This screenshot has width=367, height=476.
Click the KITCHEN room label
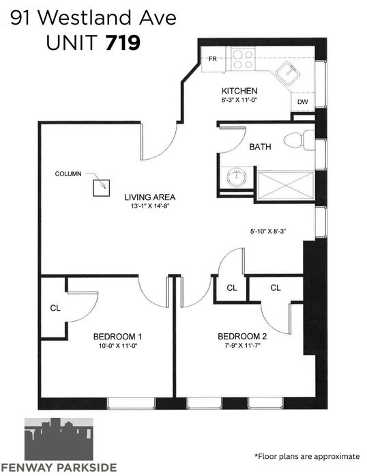tap(239, 91)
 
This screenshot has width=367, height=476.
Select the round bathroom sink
tap(237, 178)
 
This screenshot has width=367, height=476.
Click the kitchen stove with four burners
tap(243, 59)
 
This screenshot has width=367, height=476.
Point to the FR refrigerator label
tap(213, 59)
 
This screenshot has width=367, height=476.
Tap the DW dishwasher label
tap(302, 102)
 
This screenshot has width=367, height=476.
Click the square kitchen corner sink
tap(288, 74)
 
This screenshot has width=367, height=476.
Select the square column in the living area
tap(102, 188)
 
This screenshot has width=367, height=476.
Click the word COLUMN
tap(68, 174)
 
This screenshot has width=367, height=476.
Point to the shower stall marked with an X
tap(285, 186)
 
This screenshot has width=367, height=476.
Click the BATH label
tap(260, 147)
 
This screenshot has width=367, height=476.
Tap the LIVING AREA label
tap(150, 197)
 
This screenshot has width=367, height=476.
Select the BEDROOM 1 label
tap(117, 337)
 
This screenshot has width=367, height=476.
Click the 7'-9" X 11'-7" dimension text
tap(241, 346)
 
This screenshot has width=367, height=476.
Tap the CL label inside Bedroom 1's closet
tap(55, 308)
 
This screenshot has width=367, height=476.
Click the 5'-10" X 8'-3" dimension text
tap(268, 232)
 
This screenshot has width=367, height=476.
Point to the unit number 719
tap(123, 42)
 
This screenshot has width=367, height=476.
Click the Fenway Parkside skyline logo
tap(59, 439)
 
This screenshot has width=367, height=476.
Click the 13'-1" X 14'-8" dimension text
tap(150, 206)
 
